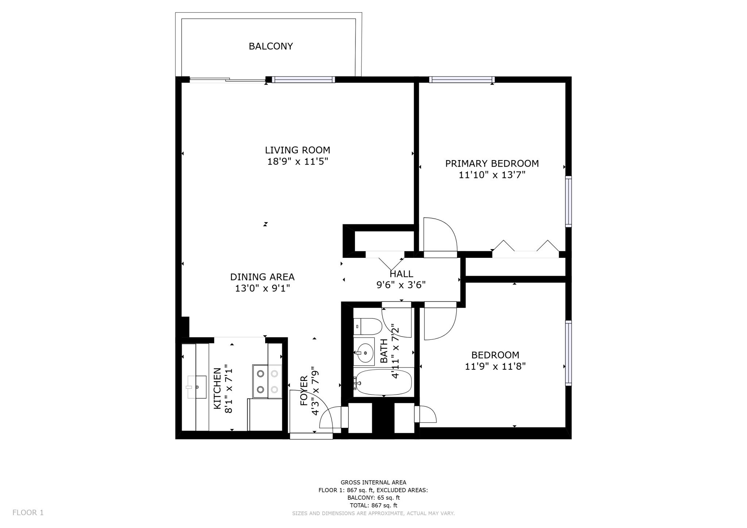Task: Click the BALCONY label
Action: tap(271, 46)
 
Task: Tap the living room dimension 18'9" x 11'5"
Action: tap(298, 162)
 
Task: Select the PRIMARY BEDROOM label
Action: tap(492, 163)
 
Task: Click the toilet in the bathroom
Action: tap(368, 326)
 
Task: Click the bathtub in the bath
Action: tap(383, 382)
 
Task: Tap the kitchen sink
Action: tap(196, 387)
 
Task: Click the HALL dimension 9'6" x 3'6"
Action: tap(401, 285)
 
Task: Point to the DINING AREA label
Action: tap(262, 277)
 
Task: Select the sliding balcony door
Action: tap(227, 80)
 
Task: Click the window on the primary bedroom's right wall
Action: tap(568, 202)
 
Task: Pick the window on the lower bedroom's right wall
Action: tap(568, 353)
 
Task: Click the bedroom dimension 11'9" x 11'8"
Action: tap(495, 366)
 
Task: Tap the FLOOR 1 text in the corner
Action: tap(28, 512)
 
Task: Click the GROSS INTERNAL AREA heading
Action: tap(373, 482)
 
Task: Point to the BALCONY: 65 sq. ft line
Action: tap(373, 498)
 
